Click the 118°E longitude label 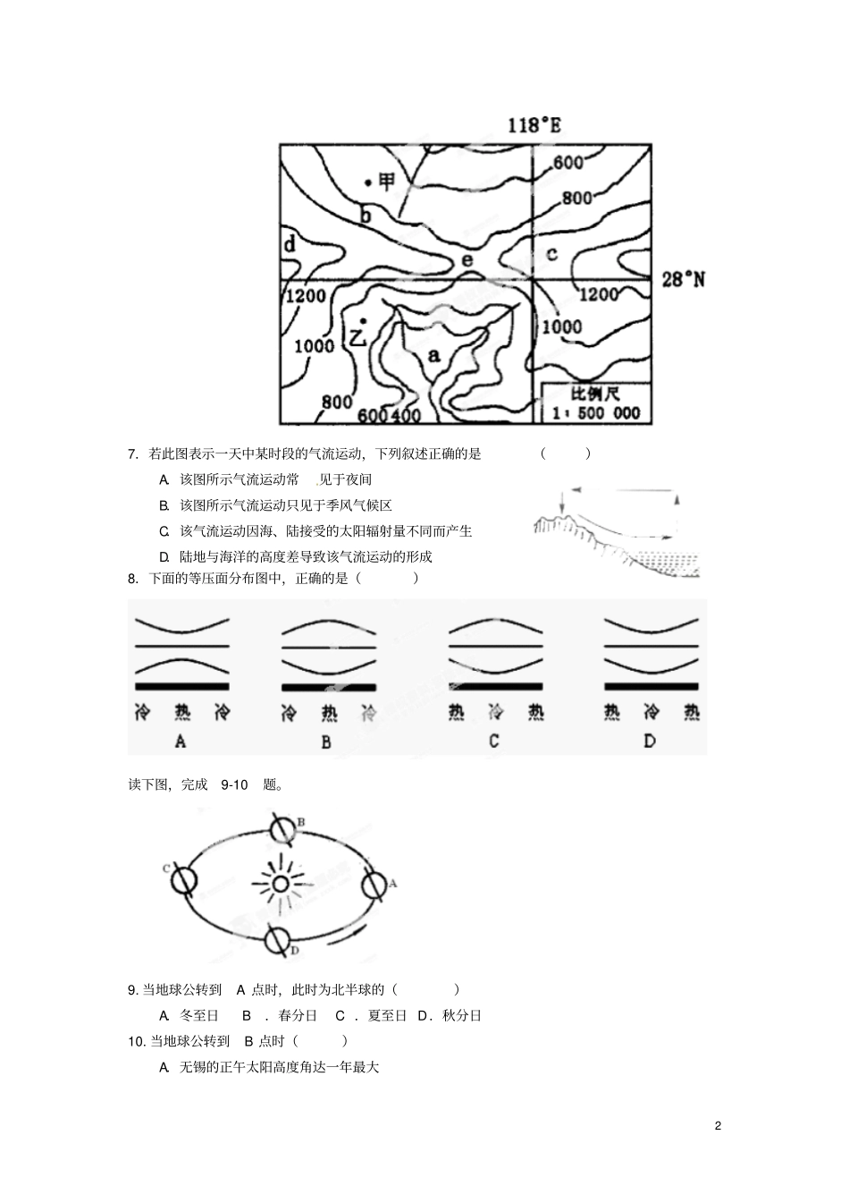pyautogui.click(x=534, y=125)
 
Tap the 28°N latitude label pyautogui.click(x=683, y=280)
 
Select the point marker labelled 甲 pyautogui.click(x=368, y=182)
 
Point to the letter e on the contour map pyautogui.click(x=467, y=259)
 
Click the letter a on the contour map pyautogui.click(x=434, y=355)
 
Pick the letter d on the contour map pyautogui.click(x=290, y=244)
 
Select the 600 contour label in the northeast pyautogui.click(x=568, y=162)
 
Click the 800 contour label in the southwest pyautogui.click(x=337, y=402)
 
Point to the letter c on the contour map pyautogui.click(x=551, y=254)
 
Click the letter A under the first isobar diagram pyautogui.click(x=181, y=741)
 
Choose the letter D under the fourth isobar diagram pyautogui.click(x=650, y=741)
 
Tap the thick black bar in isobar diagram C pyautogui.click(x=495, y=687)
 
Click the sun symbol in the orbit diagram pyautogui.click(x=280, y=885)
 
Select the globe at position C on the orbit pyautogui.click(x=185, y=880)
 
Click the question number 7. pyautogui.click(x=132, y=453)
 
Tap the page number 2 pyautogui.click(x=718, y=1125)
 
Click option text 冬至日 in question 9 pyautogui.click(x=199, y=1015)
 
